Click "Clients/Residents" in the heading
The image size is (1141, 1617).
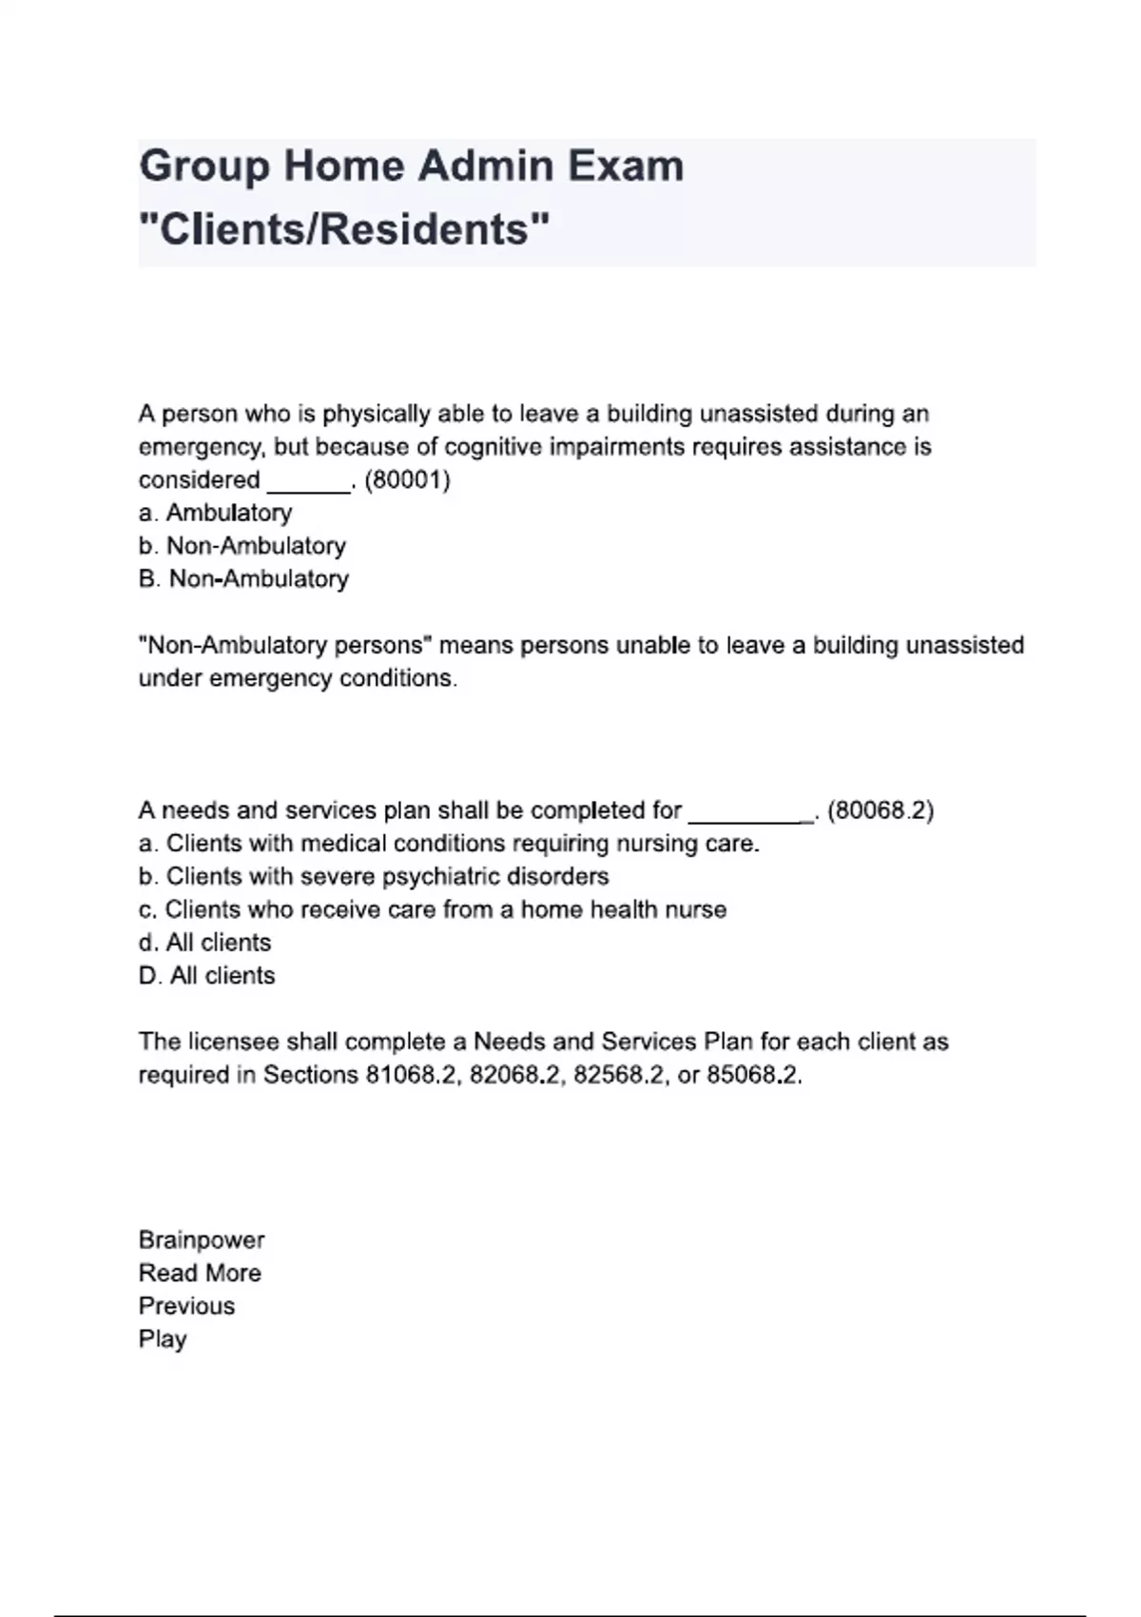point(344,229)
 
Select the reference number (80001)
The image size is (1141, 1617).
point(407,479)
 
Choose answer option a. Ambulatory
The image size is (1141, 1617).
point(215,513)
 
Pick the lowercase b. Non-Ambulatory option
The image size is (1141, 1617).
point(242,546)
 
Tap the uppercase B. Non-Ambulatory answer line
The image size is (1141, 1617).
point(243,579)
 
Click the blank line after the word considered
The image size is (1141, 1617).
point(309,483)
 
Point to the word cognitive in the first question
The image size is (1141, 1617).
point(501,447)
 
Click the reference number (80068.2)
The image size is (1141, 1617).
point(881,810)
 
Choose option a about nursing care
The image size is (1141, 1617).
point(449,844)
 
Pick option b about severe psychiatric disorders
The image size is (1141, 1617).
point(374,876)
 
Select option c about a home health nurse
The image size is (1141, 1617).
point(432,909)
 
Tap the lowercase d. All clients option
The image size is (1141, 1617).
point(204,943)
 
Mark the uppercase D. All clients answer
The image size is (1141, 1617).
point(206,976)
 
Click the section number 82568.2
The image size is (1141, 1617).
point(618,1076)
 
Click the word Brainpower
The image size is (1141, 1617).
point(202,1240)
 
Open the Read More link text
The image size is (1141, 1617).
point(200,1274)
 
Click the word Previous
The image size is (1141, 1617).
point(186,1306)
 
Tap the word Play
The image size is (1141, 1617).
point(163,1339)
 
